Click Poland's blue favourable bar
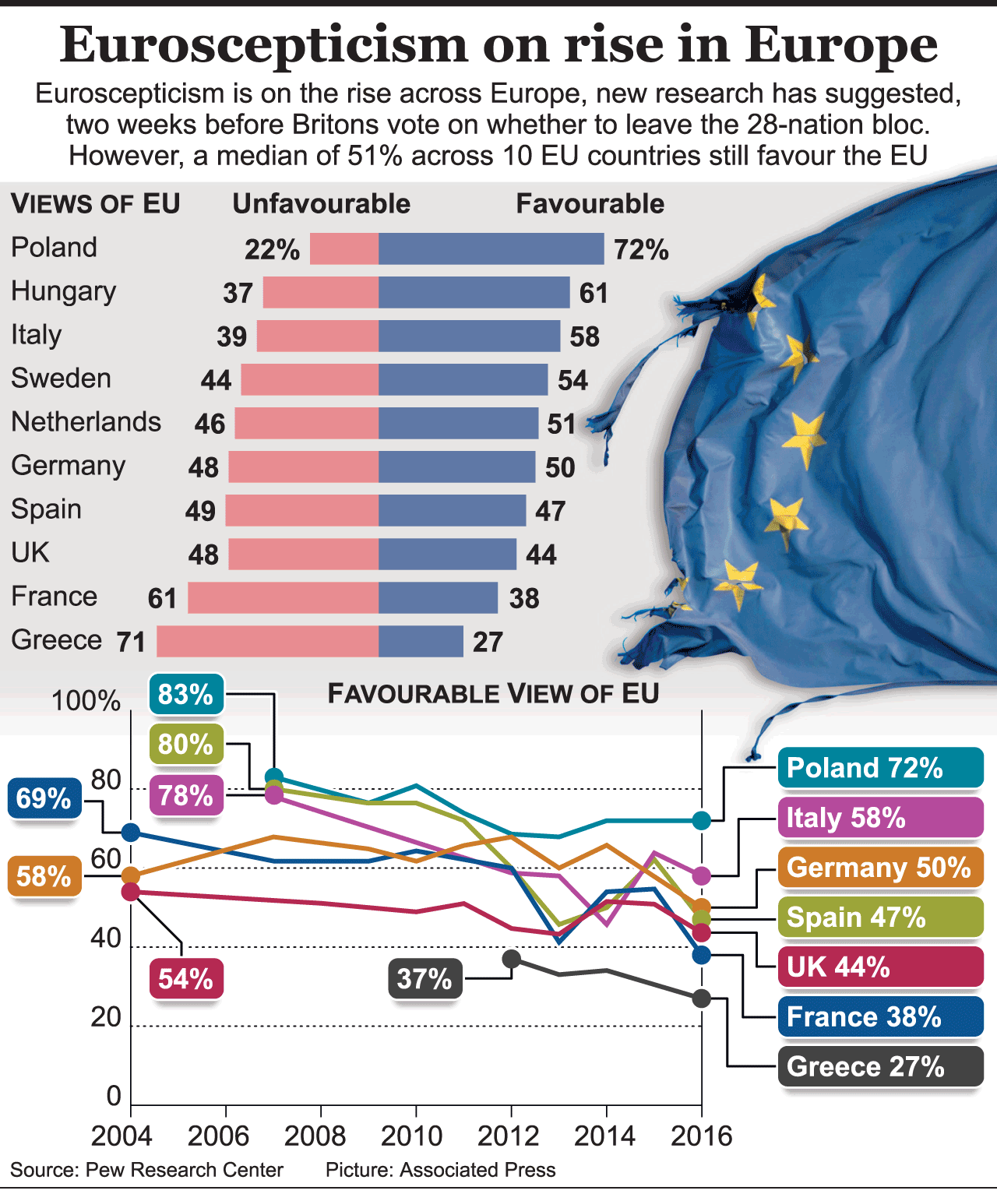[x=491, y=248]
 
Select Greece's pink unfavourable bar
[x=267, y=642]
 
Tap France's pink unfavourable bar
[x=283, y=598]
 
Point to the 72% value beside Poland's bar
[x=640, y=250]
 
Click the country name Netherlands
[x=86, y=422]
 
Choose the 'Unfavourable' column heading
[x=321, y=204]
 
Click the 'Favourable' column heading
[x=590, y=204]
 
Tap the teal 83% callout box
[x=185, y=694]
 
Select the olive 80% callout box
[x=185, y=745]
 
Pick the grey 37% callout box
[x=425, y=978]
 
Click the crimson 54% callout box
[x=185, y=978]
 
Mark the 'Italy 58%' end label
[x=880, y=818]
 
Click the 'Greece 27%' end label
[x=880, y=1066]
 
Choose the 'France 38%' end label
[x=880, y=1016]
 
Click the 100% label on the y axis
[x=86, y=701]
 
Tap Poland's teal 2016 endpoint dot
[x=701, y=819]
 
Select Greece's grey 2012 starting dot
[x=511, y=959]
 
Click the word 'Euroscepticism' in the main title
[x=264, y=44]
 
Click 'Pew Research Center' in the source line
[x=185, y=1170]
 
